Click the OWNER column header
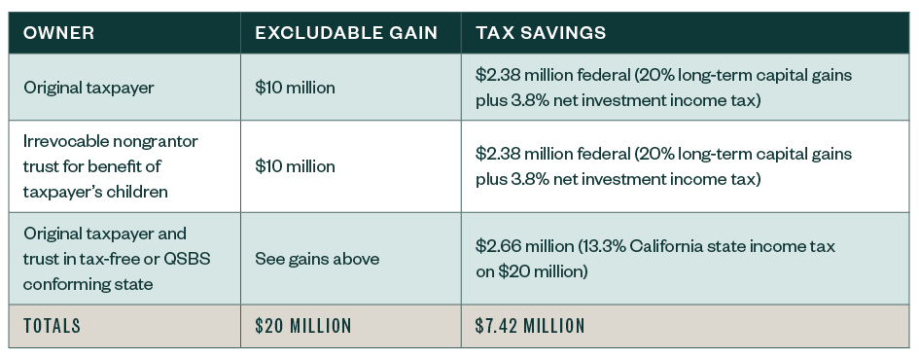(59, 32)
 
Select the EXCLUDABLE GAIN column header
(345, 32)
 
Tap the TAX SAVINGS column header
(541, 32)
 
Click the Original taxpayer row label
(89, 88)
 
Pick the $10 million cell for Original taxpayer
(295, 88)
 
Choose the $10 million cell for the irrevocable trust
(295, 166)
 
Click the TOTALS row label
(53, 326)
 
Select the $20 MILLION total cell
(303, 326)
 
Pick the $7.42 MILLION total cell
(530, 326)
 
